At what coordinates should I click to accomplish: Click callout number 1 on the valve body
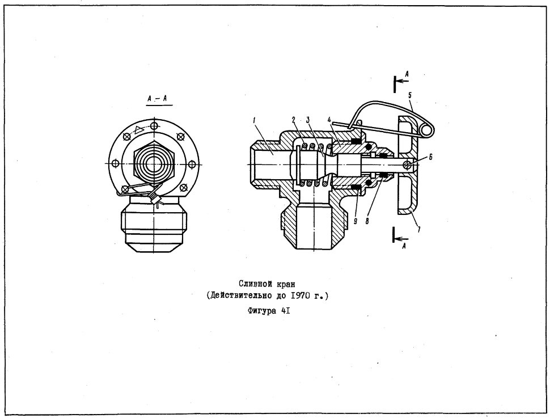coord(255,121)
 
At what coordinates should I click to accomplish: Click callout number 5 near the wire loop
coord(410,95)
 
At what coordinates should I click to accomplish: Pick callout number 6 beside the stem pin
coord(431,157)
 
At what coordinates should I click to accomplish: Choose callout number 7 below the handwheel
coord(418,230)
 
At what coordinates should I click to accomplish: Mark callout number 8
coord(367,221)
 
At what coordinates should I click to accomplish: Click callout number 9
coord(355,221)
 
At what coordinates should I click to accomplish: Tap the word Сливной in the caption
coord(252,284)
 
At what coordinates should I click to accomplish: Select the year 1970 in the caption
coord(301,295)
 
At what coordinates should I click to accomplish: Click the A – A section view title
coord(157,99)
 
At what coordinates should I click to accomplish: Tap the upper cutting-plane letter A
coord(407,74)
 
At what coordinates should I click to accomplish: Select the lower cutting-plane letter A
coord(404,246)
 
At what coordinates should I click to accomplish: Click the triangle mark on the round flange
coord(139,129)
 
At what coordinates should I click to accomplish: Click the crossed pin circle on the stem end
coord(407,164)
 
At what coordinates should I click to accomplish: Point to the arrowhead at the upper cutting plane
coord(400,81)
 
